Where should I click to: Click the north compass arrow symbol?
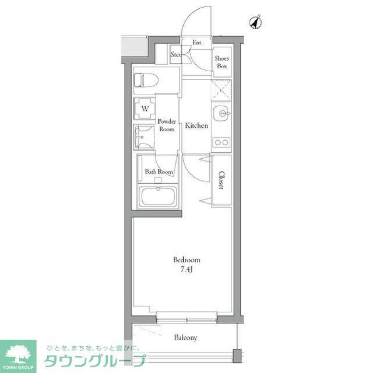(x=255, y=22)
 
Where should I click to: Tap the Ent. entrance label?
(x=198, y=42)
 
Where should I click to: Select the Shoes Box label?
(x=221, y=62)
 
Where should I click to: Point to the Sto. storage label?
(x=175, y=55)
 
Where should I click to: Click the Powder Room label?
(x=167, y=125)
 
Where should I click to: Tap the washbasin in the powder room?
(x=143, y=138)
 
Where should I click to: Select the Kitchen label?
(x=196, y=126)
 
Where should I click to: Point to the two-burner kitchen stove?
(x=221, y=142)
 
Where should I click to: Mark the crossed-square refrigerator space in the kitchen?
(x=221, y=90)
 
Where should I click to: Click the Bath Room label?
(x=159, y=172)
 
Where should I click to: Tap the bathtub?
(x=158, y=197)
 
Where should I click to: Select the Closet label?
(x=221, y=180)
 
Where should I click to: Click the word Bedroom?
(x=186, y=259)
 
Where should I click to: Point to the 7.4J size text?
(x=187, y=269)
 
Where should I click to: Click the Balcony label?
(x=186, y=337)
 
